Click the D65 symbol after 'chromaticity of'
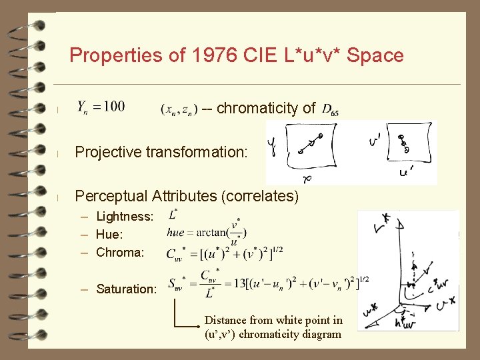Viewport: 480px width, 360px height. click(x=330, y=109)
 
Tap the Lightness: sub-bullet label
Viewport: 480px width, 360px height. click(x=125, y=217)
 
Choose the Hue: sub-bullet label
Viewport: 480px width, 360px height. click(x=109, y=235)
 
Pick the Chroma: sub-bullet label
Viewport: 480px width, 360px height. click(x=120, y=253)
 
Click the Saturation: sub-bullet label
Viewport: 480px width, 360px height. click(x=127, y=289)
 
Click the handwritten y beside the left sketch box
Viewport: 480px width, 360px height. click(x=273, y=145)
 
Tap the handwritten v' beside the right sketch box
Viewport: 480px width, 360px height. click(x=375, y=141)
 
